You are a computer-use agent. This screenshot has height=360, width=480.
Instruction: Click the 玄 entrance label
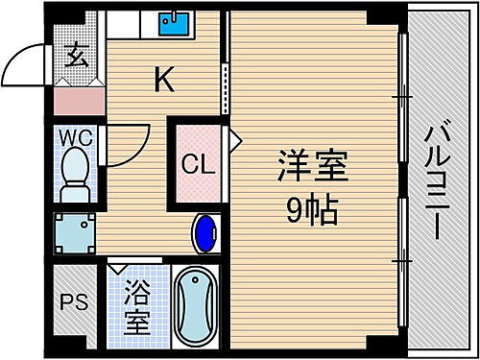coord(76,55)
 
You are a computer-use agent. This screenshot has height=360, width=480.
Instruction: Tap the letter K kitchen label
coord(165,83)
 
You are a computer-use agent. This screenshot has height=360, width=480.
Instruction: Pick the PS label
coord(75,302)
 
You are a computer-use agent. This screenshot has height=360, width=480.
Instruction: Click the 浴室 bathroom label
coord(139,306)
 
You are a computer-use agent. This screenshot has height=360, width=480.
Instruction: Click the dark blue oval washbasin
coord(204,232)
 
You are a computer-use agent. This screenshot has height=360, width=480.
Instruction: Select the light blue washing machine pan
coord(74,230)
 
